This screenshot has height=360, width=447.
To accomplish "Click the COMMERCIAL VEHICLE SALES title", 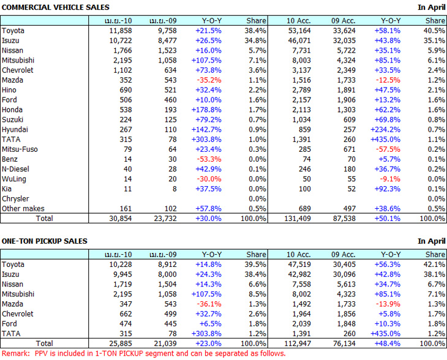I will (x=56, y=7).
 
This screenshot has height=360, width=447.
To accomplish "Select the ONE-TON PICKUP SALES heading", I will (x=44, y=241).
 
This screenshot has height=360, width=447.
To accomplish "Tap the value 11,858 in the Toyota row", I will (x=120, y=31).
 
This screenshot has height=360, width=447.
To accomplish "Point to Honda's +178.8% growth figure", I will (x=208, y=110).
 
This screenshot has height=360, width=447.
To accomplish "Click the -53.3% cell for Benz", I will (x=210, y=159).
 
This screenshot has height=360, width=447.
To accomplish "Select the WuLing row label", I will (x=13, y=179).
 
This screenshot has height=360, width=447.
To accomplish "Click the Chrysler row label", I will (x=15, y=198).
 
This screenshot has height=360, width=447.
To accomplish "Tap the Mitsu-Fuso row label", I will (x=18, y=149).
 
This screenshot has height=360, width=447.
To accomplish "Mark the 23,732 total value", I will (x=163, y=219).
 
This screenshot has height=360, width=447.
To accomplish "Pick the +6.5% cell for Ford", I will (x=211, y=324).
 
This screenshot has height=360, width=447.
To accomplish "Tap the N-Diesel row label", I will (x=16, y=169).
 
